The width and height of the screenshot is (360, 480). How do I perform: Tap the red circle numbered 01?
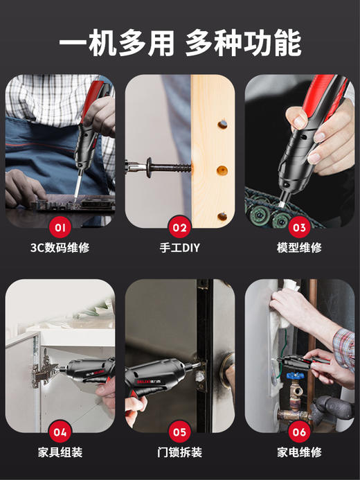[x=60, y=226]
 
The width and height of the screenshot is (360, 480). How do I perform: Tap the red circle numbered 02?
[x=180, y=226]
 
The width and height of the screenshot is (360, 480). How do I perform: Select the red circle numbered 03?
[x=299, y=226]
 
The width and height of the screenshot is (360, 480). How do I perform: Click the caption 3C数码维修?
[x=60, y=247]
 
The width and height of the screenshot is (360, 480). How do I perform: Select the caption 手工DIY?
[x=180, y=247]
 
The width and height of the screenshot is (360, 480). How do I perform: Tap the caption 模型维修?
[x=299, y=247]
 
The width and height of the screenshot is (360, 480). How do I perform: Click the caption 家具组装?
[x=60, y=453]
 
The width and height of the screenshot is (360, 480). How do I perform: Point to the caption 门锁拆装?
[x=180, y=453]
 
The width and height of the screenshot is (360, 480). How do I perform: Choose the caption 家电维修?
[x=299, y=453]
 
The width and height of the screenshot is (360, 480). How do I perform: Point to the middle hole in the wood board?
[x=222, y=170]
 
